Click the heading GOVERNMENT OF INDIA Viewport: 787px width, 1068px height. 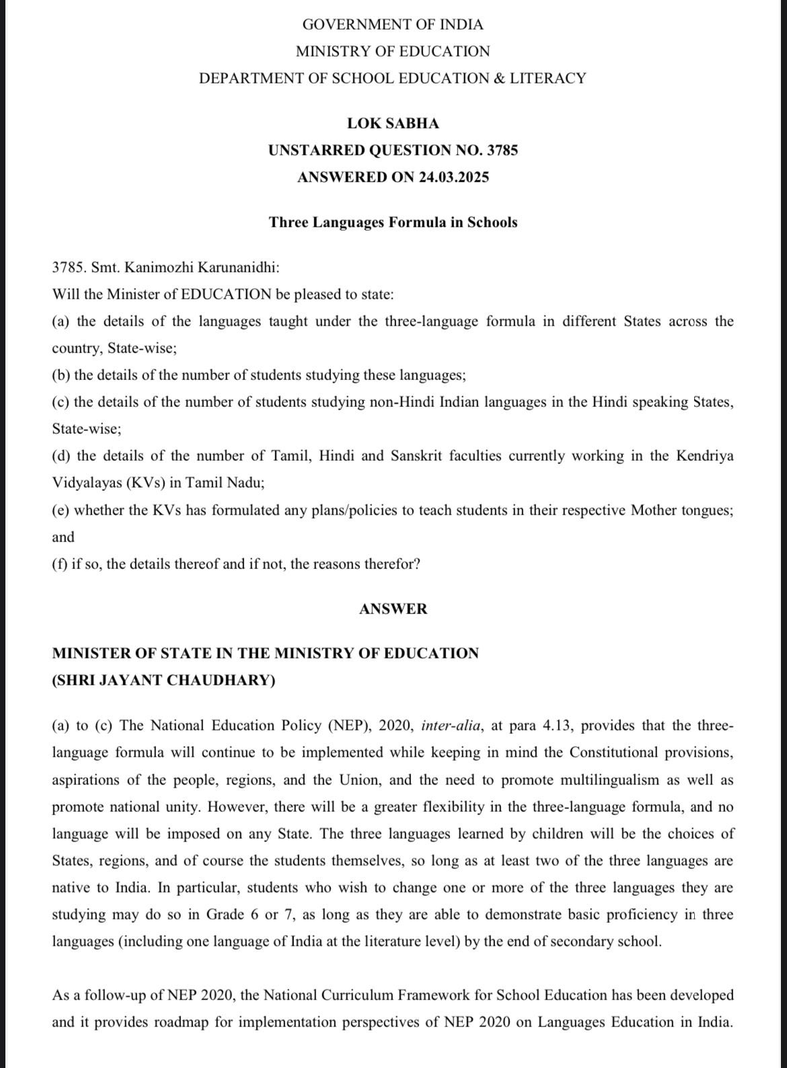(x=393, y=25)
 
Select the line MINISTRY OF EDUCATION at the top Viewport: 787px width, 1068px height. (x=393, y=52)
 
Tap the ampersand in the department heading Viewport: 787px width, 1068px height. (x=499, y=79)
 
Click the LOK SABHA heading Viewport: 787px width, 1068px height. (x=393, y=124)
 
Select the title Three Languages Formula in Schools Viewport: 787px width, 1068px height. (x=393, y=223)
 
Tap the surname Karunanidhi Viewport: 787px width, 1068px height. (x=238, y=268)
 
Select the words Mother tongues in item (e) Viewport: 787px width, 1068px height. (x=681, y=510)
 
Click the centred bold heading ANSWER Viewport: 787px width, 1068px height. (x=393, y=609)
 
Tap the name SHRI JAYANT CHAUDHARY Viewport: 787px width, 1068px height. (x=163, y=681)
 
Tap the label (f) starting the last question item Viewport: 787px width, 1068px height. (x=60, y=564)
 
